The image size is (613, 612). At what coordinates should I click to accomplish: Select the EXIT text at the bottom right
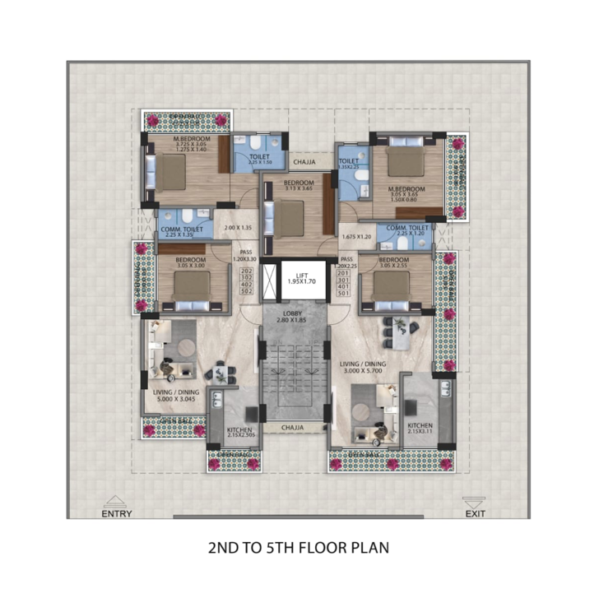[x=476, y=514]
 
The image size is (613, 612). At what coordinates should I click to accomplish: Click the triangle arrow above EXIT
[x=475, y=501]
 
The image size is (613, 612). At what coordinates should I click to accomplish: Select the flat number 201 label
[x=343, y=271]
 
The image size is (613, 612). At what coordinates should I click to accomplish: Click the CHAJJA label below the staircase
[x=294, y=427]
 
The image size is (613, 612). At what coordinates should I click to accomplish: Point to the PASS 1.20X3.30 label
[x=245, y=256]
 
